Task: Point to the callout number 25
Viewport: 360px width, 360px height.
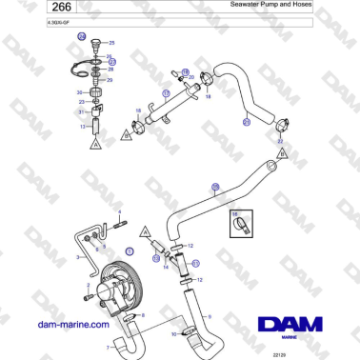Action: (110, 44)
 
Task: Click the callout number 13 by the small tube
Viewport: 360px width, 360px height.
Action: (83, 126)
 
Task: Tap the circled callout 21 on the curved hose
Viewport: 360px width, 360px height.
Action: (246, 122)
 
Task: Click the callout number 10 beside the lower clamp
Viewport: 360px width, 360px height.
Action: (174, 334)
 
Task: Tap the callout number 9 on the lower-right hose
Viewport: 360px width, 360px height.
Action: (209, 316)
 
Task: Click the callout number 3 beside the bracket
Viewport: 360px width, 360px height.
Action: (77, 257)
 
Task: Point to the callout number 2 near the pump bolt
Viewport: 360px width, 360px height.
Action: (88, 285)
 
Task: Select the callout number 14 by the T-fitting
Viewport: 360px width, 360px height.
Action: (166, 268)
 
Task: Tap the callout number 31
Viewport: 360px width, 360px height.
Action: (81, 112)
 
